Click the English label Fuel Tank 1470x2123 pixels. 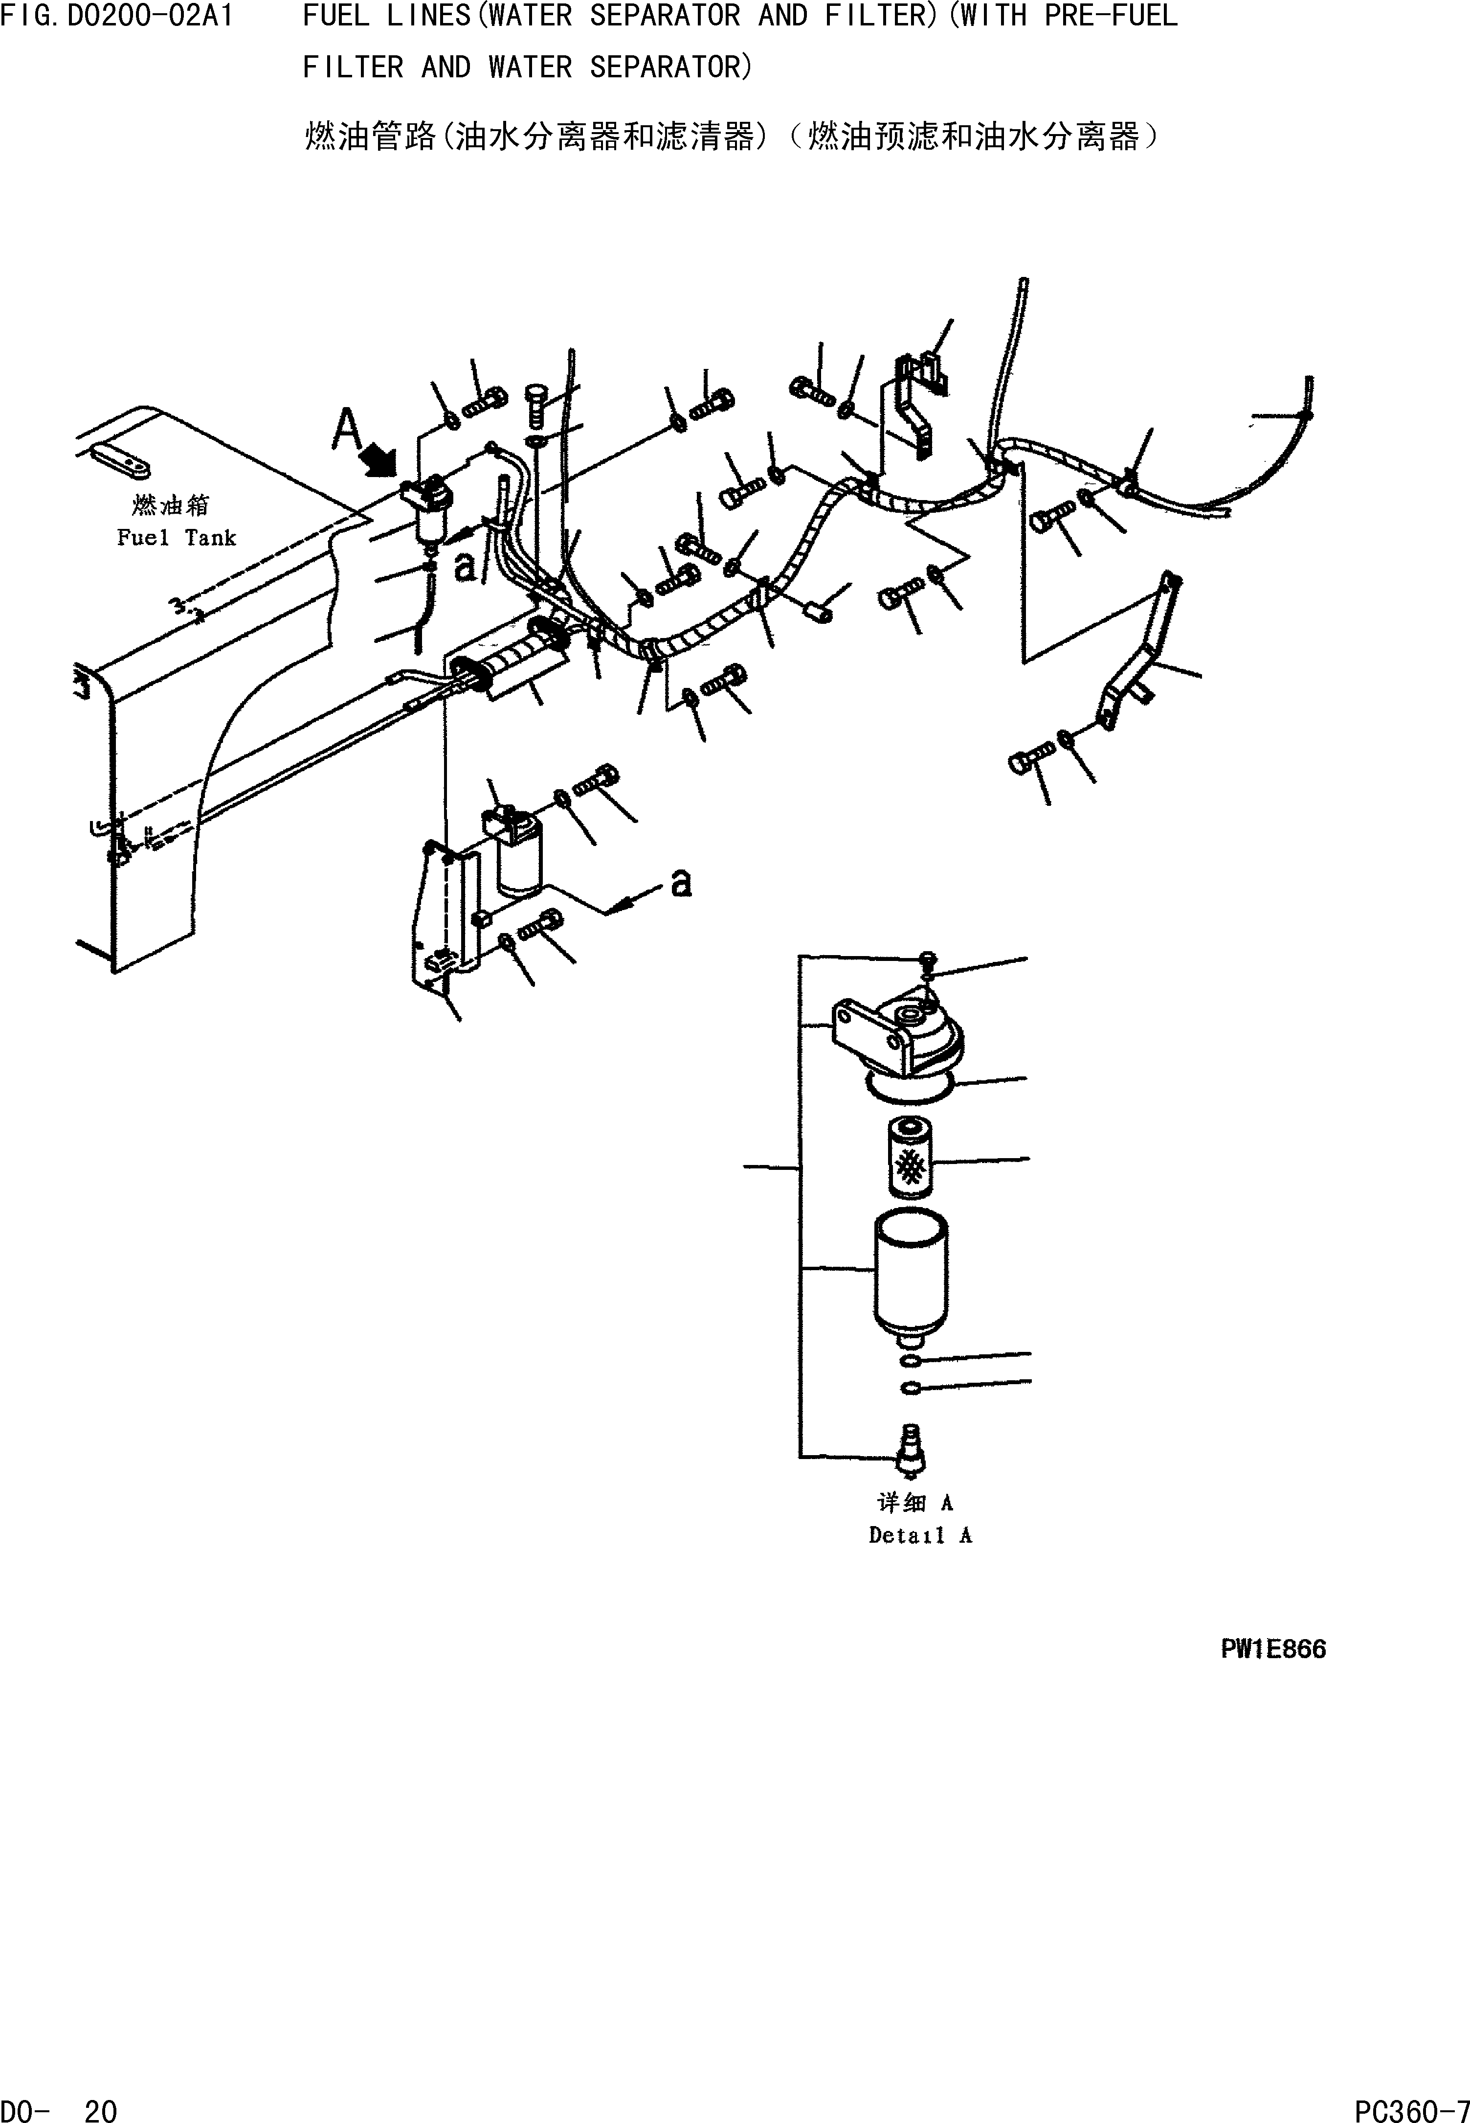[176, 538]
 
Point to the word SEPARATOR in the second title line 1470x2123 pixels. [670, 67]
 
